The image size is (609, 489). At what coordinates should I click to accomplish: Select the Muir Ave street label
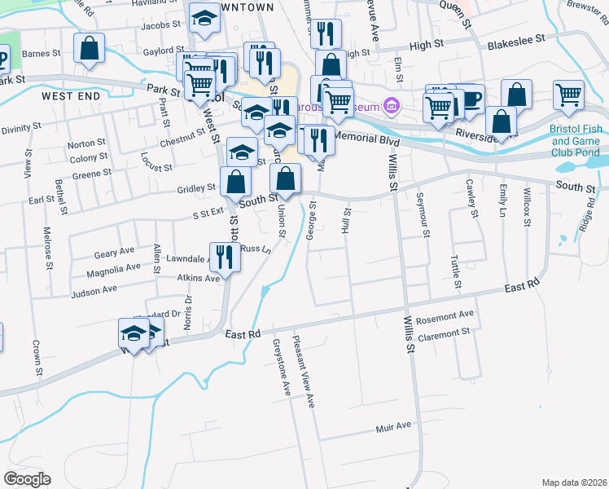393,426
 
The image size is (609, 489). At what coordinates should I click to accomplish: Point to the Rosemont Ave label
445,315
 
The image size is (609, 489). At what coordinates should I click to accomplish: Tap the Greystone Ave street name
282,368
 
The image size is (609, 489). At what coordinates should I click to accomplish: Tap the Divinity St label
20,129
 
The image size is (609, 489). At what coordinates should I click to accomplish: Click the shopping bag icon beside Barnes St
89,48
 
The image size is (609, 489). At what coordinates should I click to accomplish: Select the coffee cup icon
471,99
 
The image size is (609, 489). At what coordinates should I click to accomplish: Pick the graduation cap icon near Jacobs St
204,18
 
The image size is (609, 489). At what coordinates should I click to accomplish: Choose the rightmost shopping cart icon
567,95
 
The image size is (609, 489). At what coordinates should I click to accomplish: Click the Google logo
27,479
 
